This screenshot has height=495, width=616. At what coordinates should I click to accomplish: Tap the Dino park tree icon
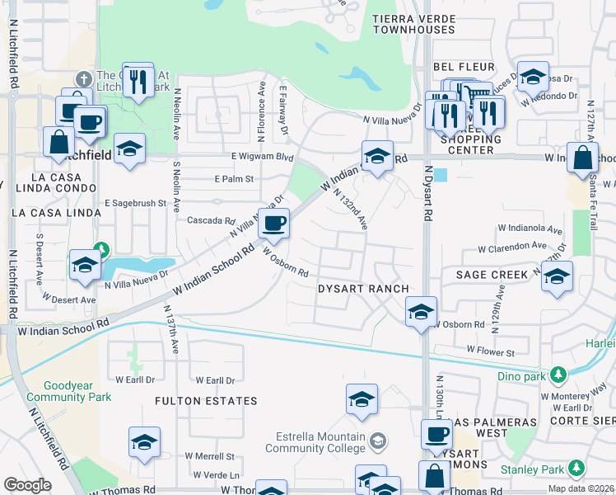coord(559,375)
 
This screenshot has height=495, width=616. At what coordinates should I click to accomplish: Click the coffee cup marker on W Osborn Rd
coord(274,222)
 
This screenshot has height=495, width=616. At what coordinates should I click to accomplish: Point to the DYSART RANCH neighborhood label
coord(363,288)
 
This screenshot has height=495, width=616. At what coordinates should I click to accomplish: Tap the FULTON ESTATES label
coord(206,401)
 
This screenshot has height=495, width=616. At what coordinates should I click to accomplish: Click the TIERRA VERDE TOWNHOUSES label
coord(413,23)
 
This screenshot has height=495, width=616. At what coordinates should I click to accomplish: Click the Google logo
coord(27,485)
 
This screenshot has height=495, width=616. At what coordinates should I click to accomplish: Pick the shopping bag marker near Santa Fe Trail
coord(582,158)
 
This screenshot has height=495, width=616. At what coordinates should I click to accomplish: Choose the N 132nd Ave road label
coord(351,210)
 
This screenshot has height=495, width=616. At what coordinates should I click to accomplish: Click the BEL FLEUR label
coord(464,67)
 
